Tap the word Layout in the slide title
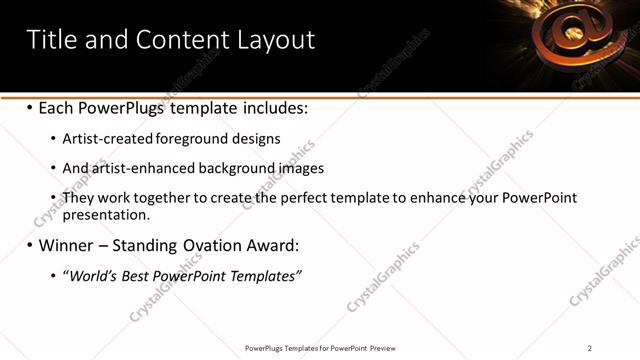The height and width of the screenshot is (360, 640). click(x=275, y=40)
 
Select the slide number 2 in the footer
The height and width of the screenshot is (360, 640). click(x=590, y=348)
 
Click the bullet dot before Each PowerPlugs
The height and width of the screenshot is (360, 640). click(x=30, y=107)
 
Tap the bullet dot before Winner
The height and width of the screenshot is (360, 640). click(x=30, y=245)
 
